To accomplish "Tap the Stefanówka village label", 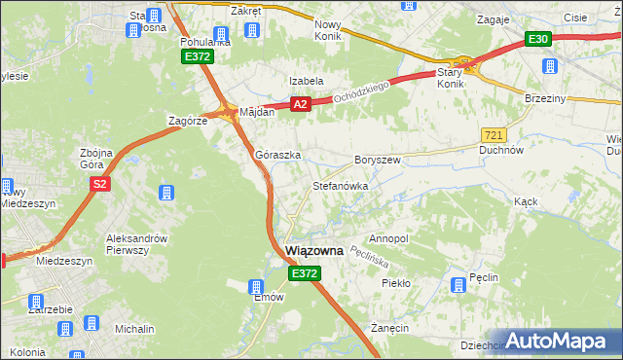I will click(x=339, y=185).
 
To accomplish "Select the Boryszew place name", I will click(x=378, y=159).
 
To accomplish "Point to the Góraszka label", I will click(x=277, y=155).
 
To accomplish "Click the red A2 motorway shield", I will click(x=300, y=103).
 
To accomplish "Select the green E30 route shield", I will click(x=538, y=40).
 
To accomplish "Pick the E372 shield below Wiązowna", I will click(x=304, y=274).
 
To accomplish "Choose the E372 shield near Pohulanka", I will click(x=197, y=58).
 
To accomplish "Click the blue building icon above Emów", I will click(x=257, y=287).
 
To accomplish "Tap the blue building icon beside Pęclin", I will click(x=458, y=286).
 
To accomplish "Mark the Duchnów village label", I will click(x=502, y=151).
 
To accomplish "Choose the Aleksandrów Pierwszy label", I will click(x=136, y=244).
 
